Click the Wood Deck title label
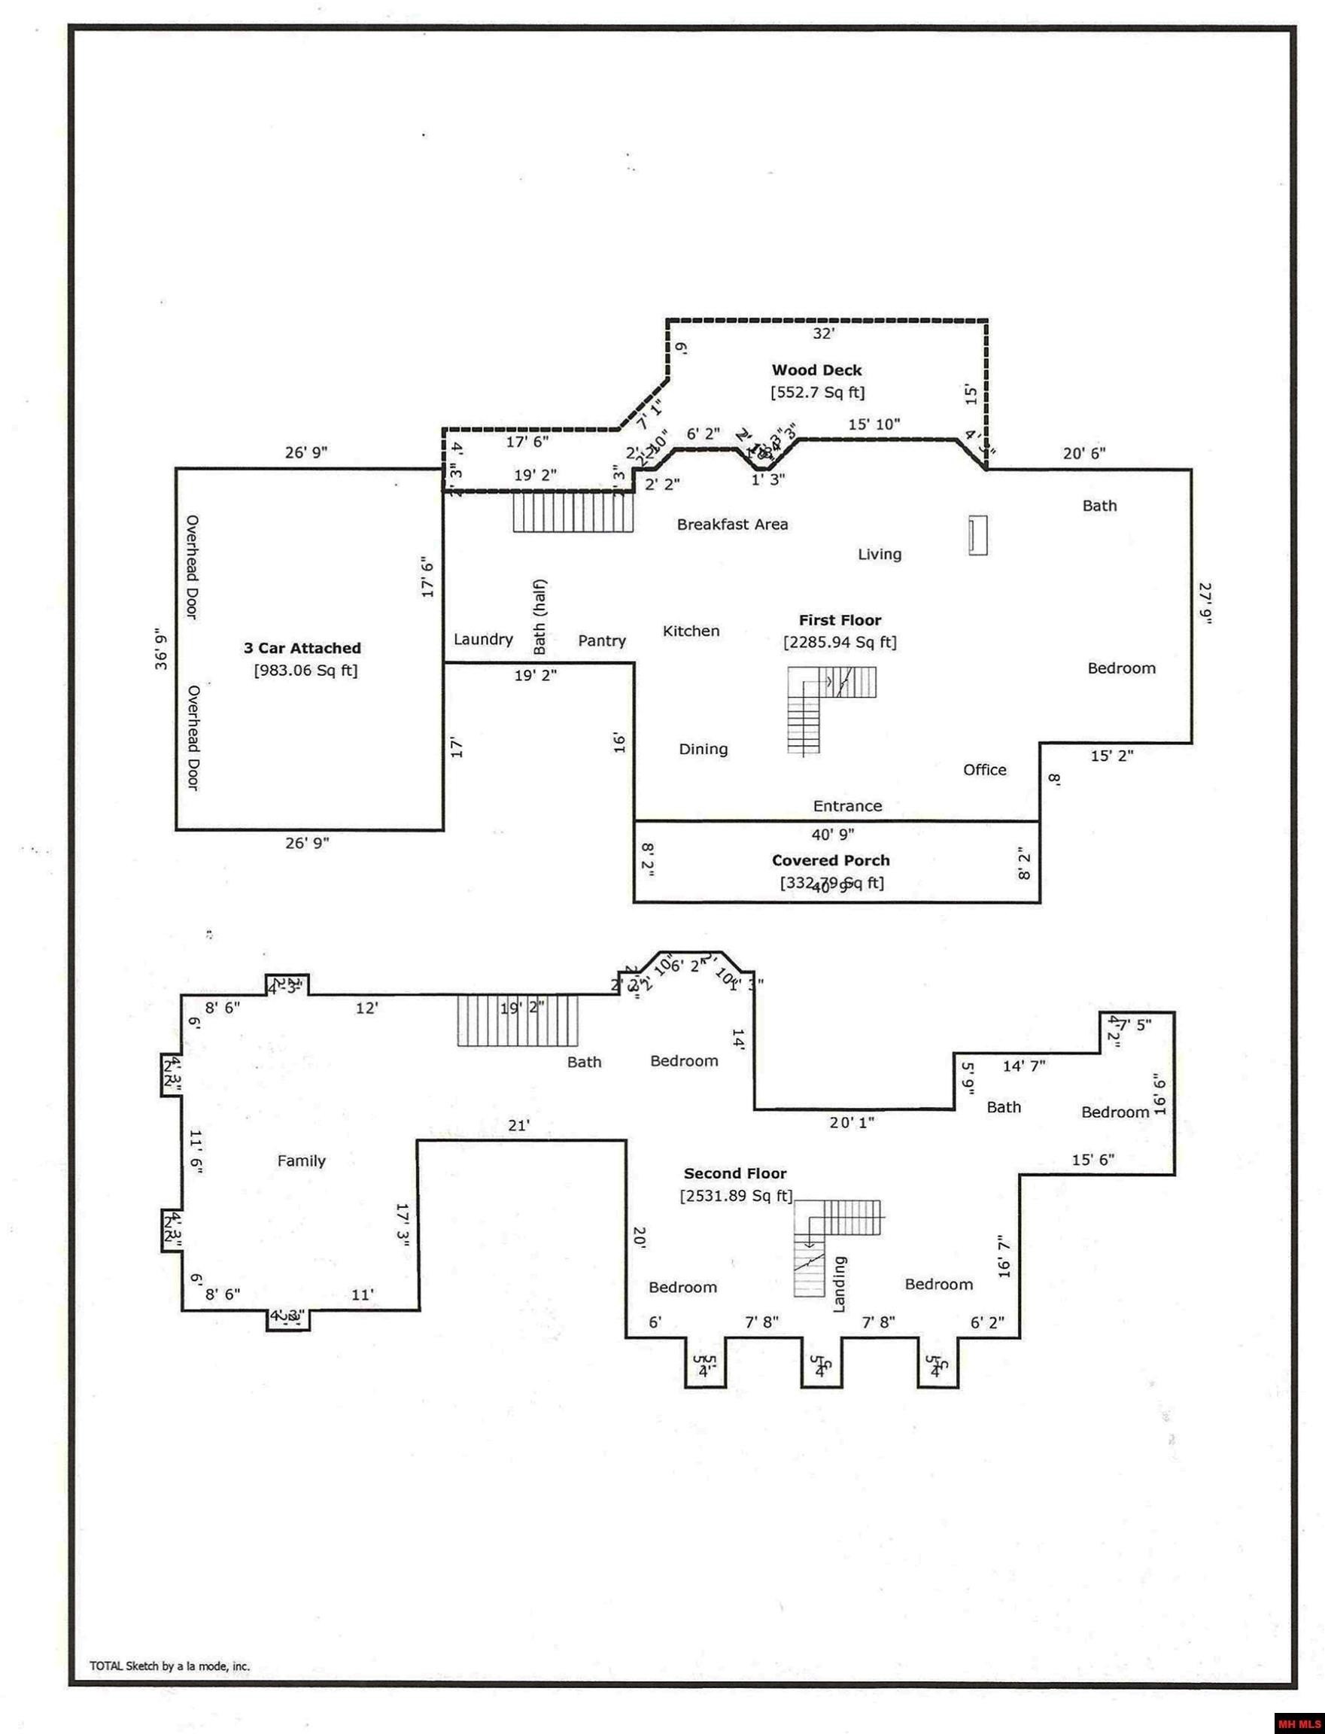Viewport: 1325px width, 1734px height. click(816, 370)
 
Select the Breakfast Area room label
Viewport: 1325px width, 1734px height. click(732, 525)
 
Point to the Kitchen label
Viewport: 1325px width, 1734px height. click(691, 631)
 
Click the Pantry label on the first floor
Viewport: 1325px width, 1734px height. click(602, 640)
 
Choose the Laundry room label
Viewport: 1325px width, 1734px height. click(483, 639)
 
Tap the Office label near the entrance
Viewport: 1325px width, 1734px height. click(984, 770)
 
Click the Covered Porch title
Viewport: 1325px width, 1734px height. click(831, 861)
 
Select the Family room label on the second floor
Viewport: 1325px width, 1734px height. click(301, 1161)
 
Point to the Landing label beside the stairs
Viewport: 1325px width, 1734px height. click(839, 1285)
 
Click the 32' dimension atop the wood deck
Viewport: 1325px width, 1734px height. click(823, 333)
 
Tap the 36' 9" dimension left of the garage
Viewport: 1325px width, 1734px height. click(161, 649)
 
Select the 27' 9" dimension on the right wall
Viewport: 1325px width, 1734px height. click(1205, 603)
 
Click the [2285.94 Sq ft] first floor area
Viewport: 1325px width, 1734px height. click(839, 642)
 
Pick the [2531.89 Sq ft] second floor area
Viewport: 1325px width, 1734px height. click(736, 1196)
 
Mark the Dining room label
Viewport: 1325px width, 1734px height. click(703, 750)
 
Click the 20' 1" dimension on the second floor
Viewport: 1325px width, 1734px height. click(852, 1123)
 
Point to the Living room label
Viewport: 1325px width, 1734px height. click(880, 555)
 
